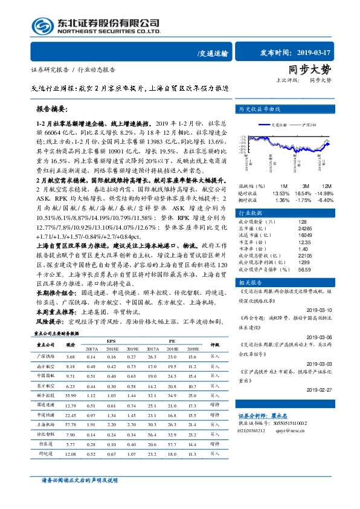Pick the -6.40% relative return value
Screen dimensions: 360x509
coord(325,200)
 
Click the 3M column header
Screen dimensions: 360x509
coord(306,186)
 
